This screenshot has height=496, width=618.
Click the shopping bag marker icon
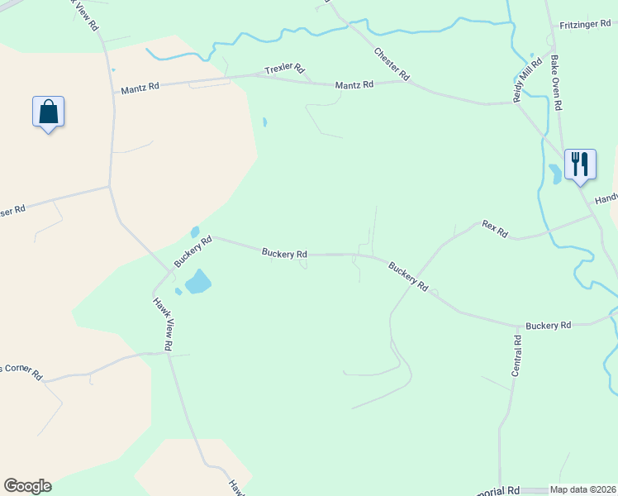click(x=48, y=112)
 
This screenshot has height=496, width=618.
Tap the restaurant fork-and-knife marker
click(x=580, y=164)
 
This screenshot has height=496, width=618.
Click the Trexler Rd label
click(x=285, y=70)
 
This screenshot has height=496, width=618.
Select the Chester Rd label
click(x=392, y=64)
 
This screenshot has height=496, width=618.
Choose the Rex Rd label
click(x=494, y=229)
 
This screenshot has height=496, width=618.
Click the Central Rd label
click(x=516, y=356)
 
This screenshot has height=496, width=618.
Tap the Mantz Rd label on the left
click(x=140, y=88)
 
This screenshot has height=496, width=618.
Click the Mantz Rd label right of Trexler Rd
click(x=354, y=84)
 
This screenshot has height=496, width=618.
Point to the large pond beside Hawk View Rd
click(x=198, y=282)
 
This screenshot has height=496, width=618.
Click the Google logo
click(x=27, y=486)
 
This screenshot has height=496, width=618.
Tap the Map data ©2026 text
click(x=583, y=489)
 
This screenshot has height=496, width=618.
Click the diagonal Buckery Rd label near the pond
click(x=193, y=251)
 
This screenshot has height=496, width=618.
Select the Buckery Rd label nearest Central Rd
click(x=549, y=326)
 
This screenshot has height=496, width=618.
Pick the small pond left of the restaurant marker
click(x=554, y=174)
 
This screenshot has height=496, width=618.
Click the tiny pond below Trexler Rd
click(x=264, y=122)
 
